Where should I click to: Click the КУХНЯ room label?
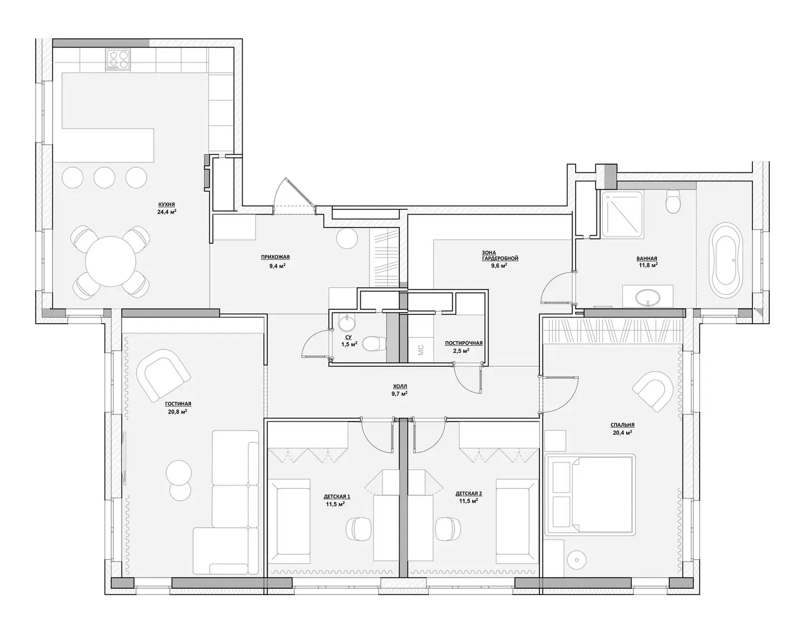(x=167, y=205)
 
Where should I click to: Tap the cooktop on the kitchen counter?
(x=119, y=60)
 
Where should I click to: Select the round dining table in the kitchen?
(x=111, y=261)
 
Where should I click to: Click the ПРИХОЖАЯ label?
(x=275, y=257)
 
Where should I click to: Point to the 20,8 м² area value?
(x=178, y=412)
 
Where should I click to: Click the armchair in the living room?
(x=163, y=374)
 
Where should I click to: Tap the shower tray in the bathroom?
(x=622, y=214)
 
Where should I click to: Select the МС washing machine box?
(x=420, y=350)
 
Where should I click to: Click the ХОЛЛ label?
(x=400, y=386)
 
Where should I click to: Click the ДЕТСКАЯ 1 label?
(x=337, y=497)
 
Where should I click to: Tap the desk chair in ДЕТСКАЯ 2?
(x=448, y=528)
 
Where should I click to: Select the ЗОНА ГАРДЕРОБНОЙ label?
(x=500, y=256)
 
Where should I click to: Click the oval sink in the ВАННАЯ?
(x=648, y=297)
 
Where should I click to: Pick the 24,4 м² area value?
(x=167, y=212)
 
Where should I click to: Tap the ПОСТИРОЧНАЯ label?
(x=463, y=343)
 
